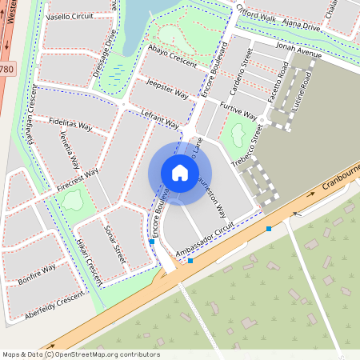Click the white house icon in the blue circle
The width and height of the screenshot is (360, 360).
pyautogui.click(x=180, y=172)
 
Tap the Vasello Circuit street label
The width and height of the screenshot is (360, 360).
pyautogui.click(x=70, y=17)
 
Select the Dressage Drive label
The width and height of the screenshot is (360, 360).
pyautogui.click(x=105, y=52)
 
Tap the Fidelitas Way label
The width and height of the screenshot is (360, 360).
pyautogui.click(x=70, y=123)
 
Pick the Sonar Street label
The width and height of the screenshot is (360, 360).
pyautogui.click(x=115, y=244)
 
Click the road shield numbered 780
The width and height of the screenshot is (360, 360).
pyautogui.click(x=6, y=70)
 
